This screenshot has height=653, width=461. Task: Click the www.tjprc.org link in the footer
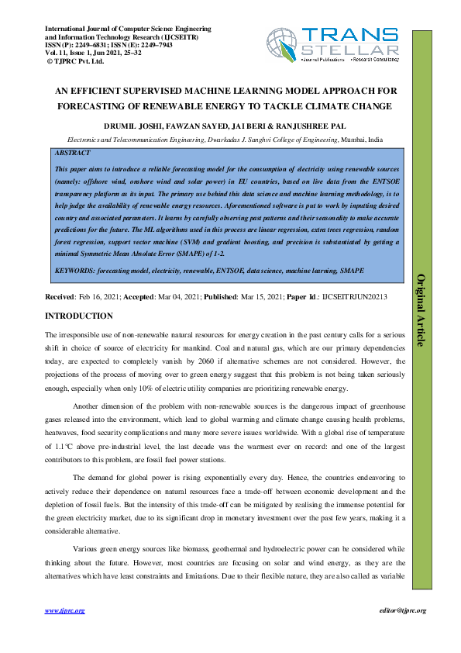click(x=65, y=610)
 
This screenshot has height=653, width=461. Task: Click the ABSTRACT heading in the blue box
click(x=74, y=154)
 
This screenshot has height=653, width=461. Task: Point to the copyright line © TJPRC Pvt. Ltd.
click(x=75, y=60)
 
